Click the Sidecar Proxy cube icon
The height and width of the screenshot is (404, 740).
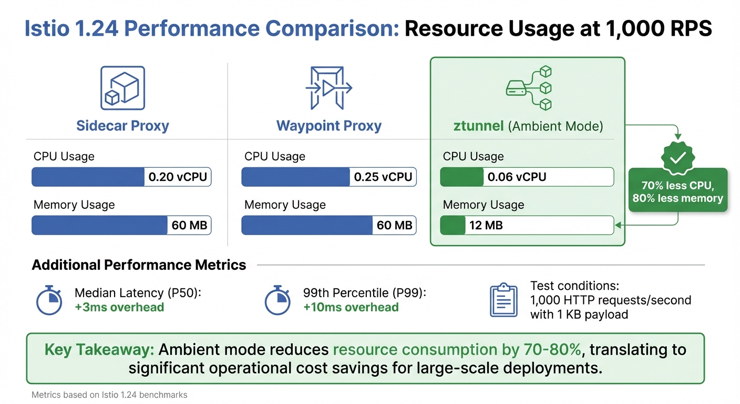[122, 88]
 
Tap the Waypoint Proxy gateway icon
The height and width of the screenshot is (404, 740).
[328, 88]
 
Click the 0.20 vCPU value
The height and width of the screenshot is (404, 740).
[178, 177]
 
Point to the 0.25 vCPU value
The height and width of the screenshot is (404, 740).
[383, 177]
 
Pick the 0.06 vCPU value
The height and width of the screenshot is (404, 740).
[517, 177]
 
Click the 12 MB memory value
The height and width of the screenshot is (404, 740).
[486, 226]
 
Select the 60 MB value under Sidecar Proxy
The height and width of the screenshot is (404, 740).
[189, 226]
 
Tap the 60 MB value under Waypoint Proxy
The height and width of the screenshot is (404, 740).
[394, 226]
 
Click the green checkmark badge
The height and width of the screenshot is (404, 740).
[677, 157]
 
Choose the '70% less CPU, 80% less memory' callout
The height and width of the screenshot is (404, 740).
[678, 192]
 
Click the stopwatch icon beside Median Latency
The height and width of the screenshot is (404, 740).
[49, 300]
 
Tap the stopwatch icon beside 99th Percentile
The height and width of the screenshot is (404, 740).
[277, 300]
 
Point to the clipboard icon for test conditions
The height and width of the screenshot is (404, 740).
[503, 300]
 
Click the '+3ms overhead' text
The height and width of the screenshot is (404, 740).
[119, 308]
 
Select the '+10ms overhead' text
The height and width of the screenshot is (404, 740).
[351, 308]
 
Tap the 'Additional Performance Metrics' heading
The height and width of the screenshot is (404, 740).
[139, 265]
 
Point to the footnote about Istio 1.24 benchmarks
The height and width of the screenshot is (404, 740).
[109, 395]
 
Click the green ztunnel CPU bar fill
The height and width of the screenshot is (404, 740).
[461, 177]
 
